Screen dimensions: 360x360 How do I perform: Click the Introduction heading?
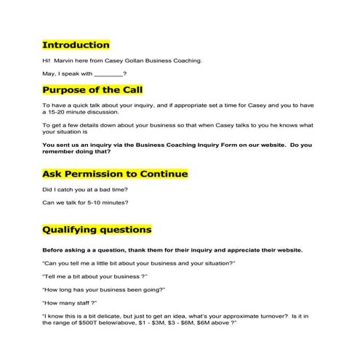pyautogui.click(x=76, y=45)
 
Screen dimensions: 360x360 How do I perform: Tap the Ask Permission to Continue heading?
pyautogui.click(x=115, y=175)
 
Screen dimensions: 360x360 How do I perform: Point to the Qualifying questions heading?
pyautogui.click(x=97, y=230)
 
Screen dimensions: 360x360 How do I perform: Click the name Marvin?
pyautogui.click(x=66, y=60)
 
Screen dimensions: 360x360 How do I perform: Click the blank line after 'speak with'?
pyautogui.click(x=108, y=74)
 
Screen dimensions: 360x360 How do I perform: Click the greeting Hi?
pyautogui.click(x=47, y=60)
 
